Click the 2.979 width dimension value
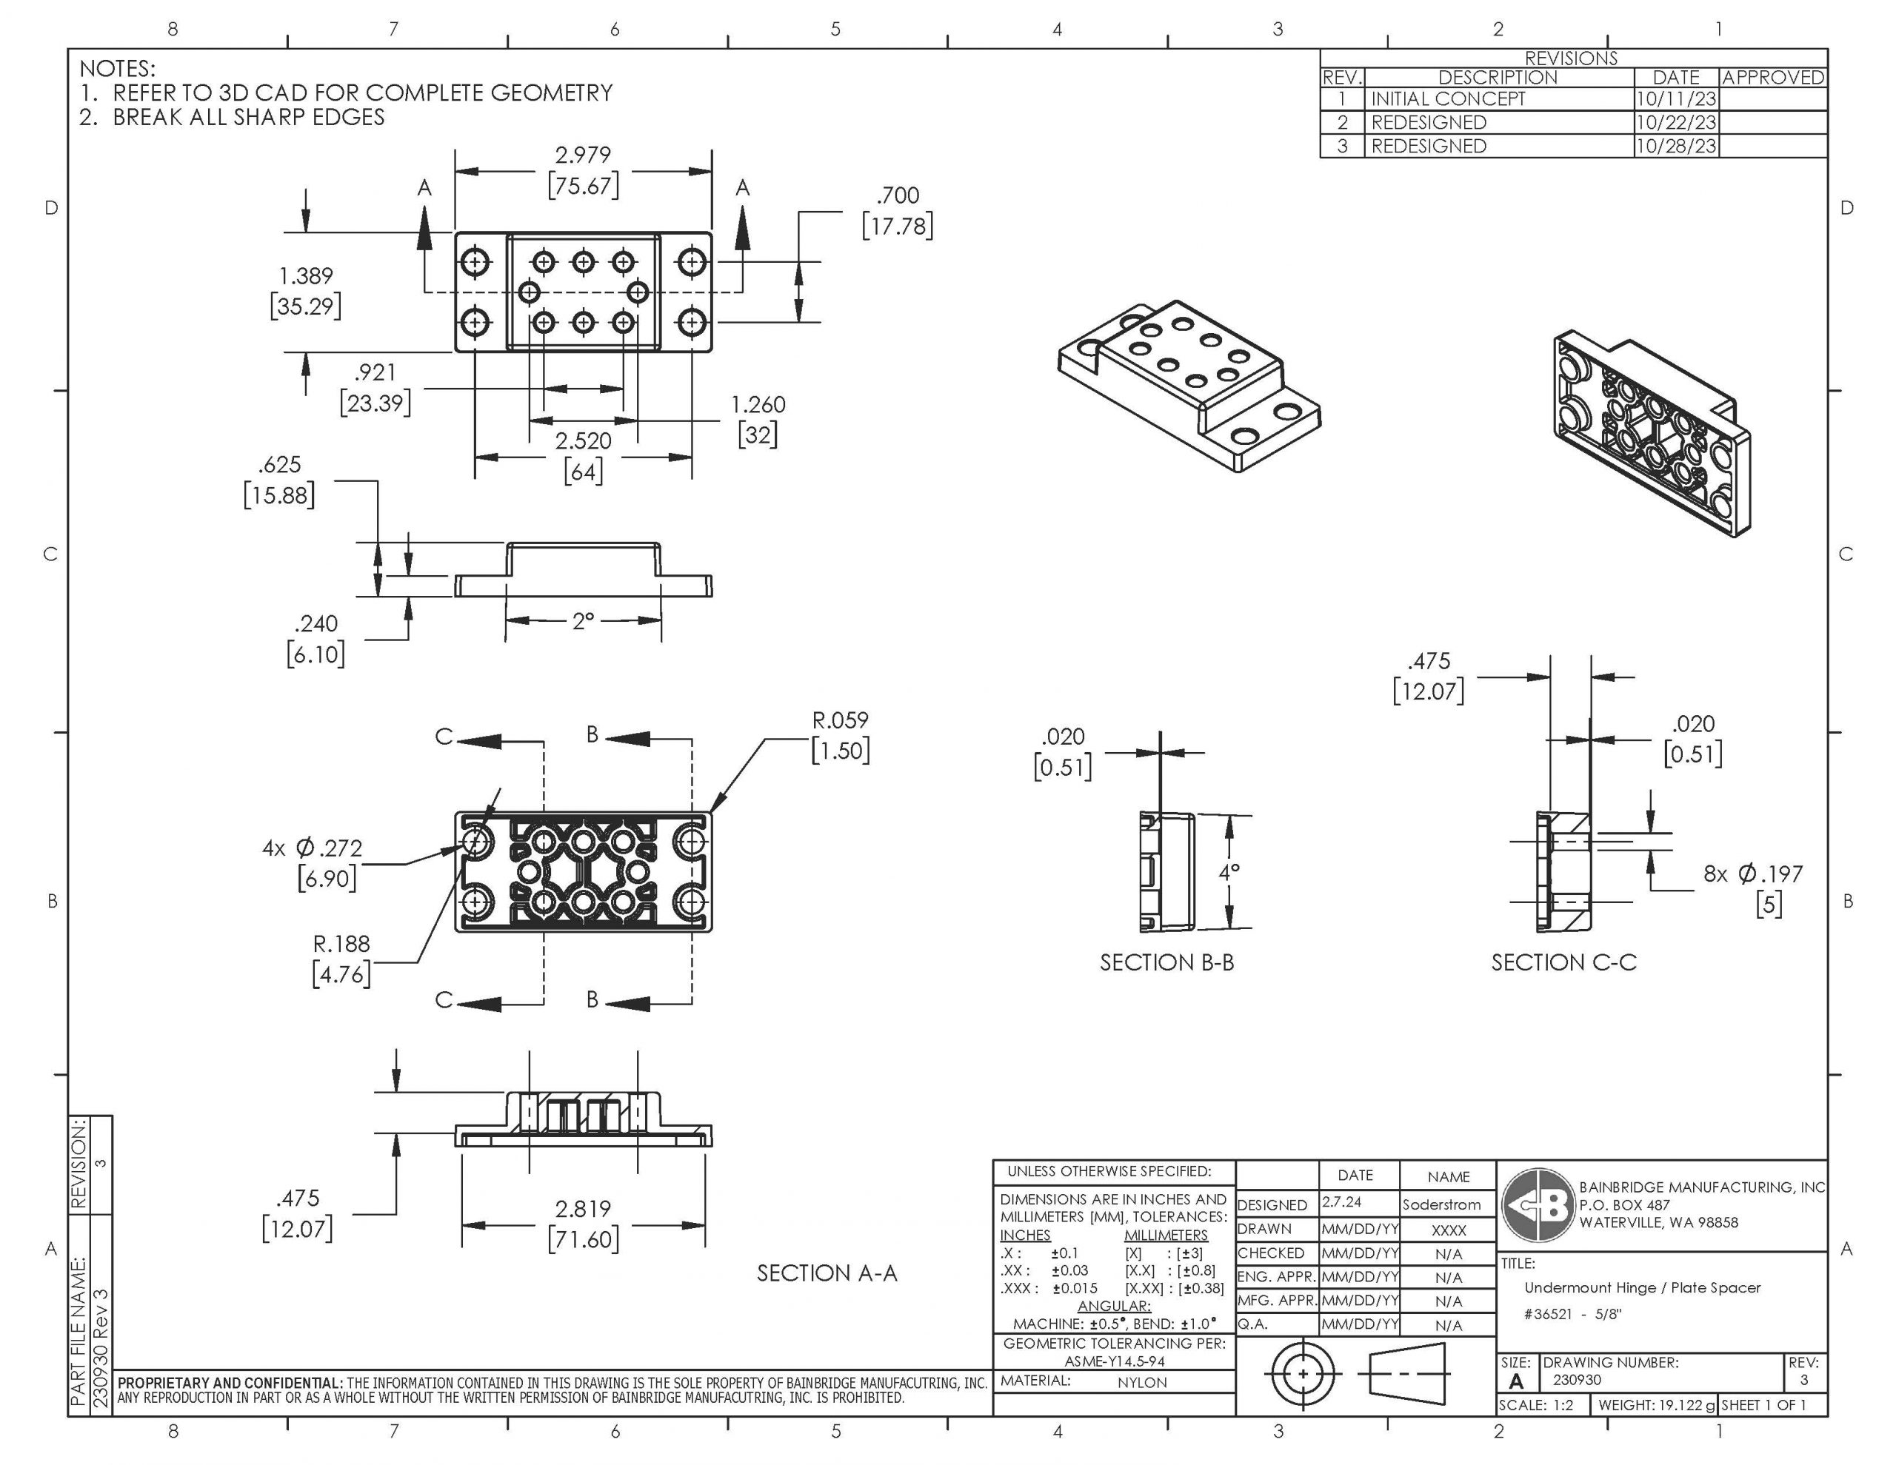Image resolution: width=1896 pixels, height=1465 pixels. pos(583,155)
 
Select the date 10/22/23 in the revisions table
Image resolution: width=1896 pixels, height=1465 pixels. pos(1675,122)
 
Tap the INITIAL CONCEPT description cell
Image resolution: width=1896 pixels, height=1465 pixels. pos(1447,99)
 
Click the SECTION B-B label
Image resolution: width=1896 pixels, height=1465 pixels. pos(1166,962)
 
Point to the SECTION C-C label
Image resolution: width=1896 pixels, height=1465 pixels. pos(1563,962)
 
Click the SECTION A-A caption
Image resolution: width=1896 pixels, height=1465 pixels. pos(827,1273)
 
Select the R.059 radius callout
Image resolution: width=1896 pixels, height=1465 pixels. pos(839,720)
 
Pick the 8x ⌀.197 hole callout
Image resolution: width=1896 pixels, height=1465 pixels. pos(1752,874)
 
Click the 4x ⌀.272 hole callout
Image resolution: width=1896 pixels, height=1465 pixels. pos(313,848)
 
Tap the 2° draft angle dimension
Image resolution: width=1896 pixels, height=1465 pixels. pos(583,620)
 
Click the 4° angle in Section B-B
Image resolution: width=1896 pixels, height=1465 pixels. pos(1229,872)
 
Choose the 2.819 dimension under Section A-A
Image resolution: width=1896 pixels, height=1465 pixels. pos(583,1208)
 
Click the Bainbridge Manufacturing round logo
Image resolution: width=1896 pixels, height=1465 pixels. pos(1538,1204)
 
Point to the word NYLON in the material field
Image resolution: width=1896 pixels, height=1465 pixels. pos(1141,1383)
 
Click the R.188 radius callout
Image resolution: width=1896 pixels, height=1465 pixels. pos(341,945)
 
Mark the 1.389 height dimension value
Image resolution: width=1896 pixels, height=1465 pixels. pos(306,276)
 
